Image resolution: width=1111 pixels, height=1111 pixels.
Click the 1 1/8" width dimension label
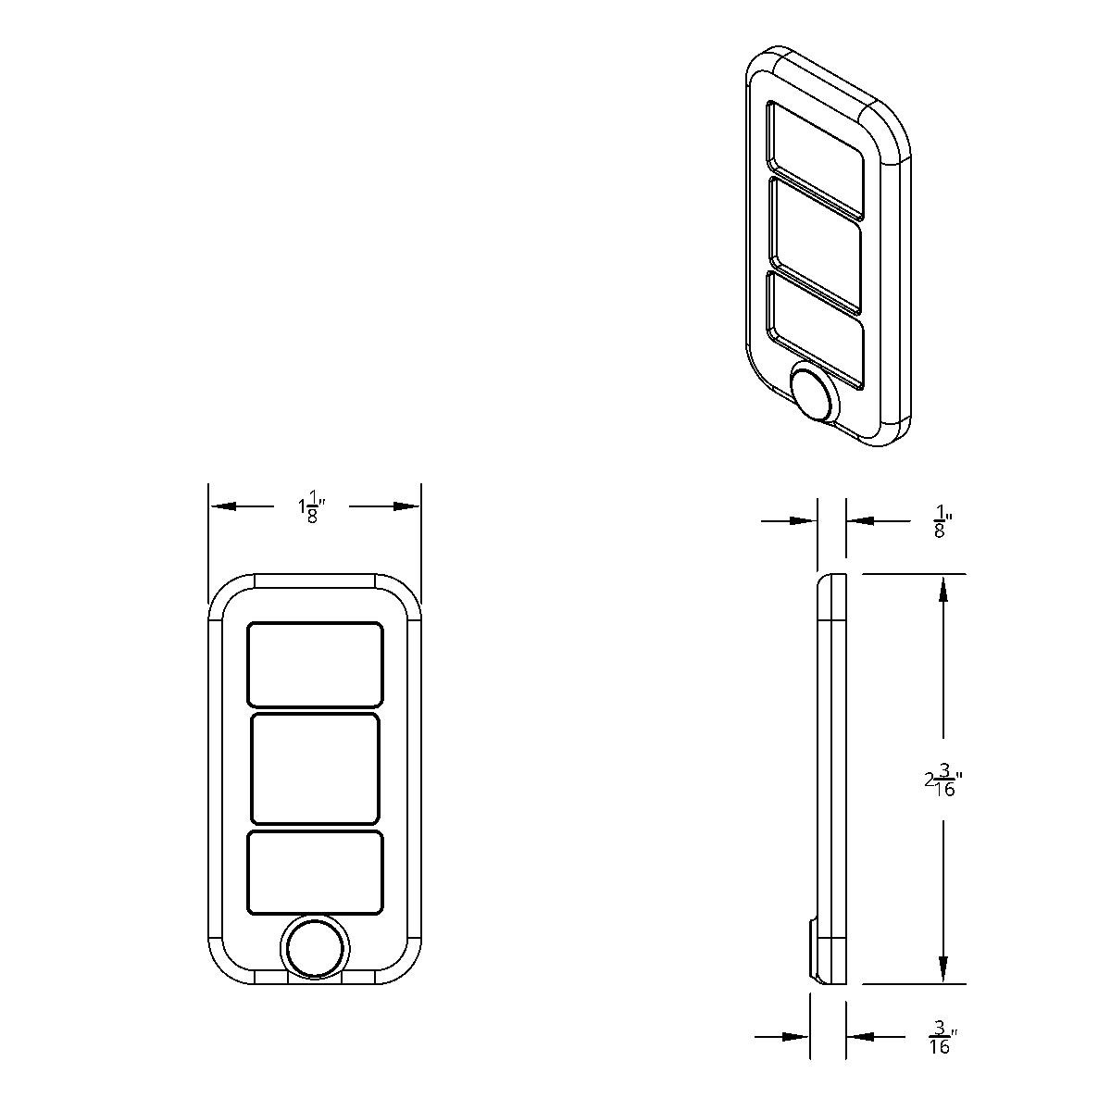[313, 507]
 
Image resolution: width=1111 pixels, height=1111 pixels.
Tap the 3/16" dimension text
[942, 1037]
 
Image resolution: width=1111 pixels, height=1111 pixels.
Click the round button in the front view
[316, 949]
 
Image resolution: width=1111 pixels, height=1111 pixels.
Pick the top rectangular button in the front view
[315, 665]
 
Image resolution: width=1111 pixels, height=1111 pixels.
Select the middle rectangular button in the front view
[315, 768]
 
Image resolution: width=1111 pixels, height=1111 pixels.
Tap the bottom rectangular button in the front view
[315, 871]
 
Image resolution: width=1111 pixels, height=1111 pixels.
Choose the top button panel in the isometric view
[816, 160]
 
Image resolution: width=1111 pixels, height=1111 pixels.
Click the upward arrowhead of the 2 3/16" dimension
[943, 587]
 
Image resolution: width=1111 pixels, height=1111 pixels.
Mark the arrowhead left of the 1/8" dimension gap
[805, 522]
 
